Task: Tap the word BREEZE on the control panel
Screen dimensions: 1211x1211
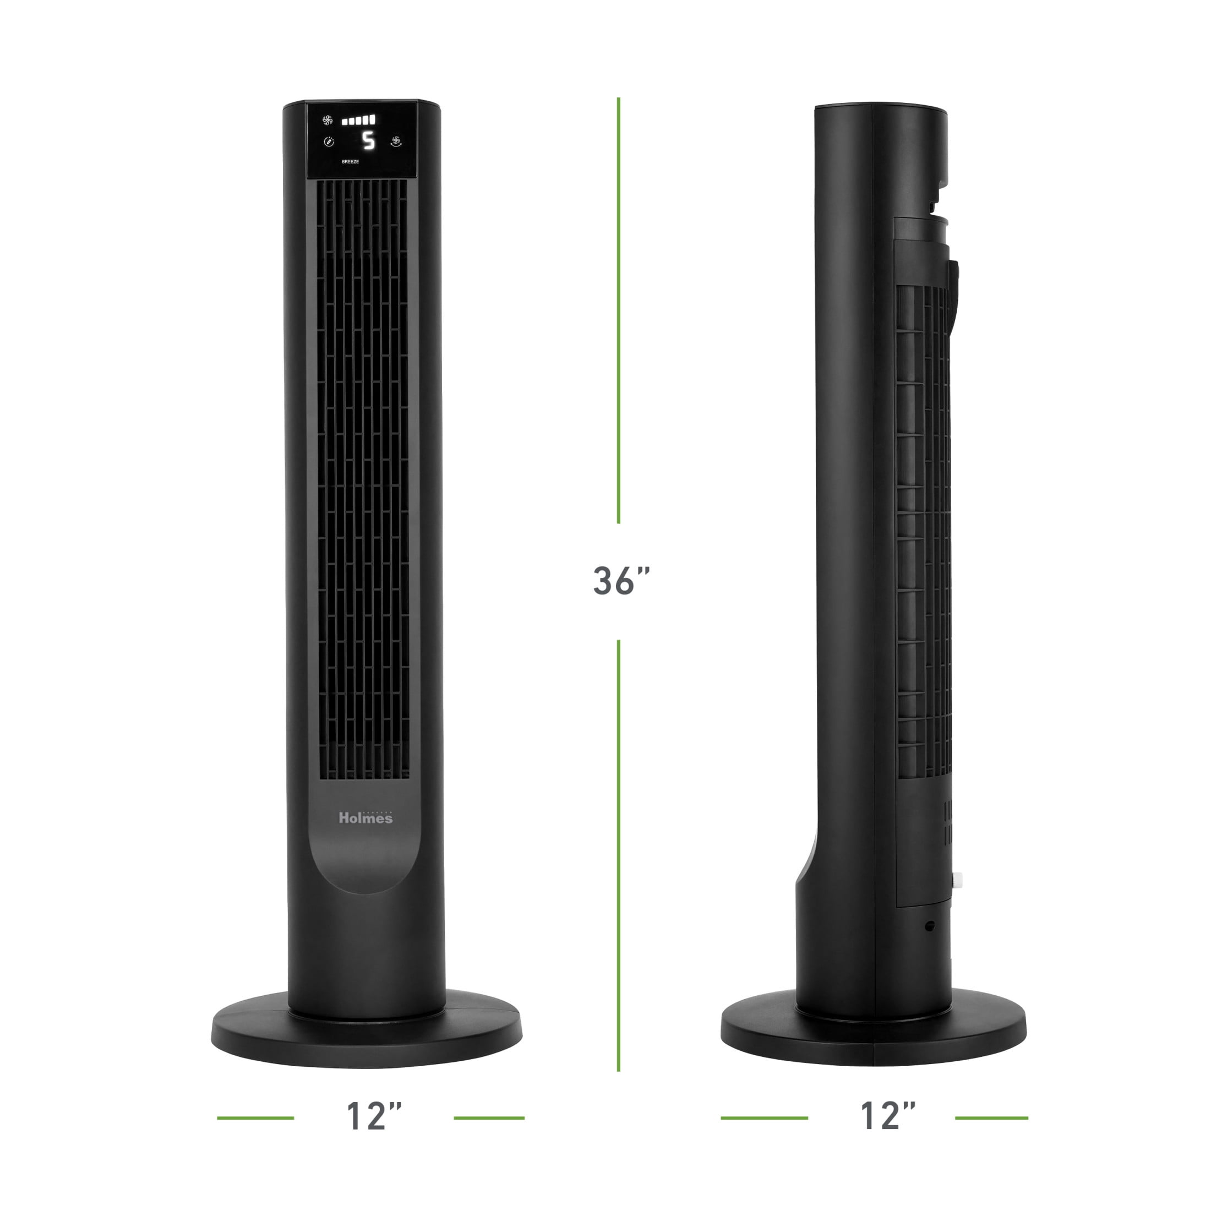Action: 351,162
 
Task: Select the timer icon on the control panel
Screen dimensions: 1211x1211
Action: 329,142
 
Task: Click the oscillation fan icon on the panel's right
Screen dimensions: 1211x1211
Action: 396,141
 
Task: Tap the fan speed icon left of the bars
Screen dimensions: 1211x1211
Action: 327,119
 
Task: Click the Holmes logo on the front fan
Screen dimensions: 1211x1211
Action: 366,817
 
